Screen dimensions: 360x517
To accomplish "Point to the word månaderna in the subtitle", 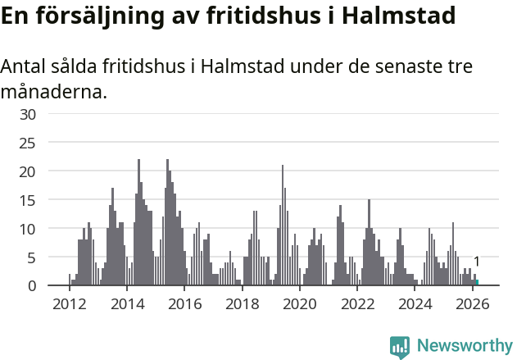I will tap(53, 91).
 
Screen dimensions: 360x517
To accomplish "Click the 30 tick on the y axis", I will tap(28, 114).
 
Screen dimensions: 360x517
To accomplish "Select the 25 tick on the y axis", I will tap(28, 143).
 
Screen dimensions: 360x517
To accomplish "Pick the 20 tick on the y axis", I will tap(28, 171).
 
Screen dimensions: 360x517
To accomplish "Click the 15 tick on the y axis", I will tap(28, 200).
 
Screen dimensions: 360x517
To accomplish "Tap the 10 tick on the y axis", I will tap(28, 229).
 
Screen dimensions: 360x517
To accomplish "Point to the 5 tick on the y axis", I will tap(32, 257).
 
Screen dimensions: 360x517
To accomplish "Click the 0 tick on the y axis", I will tap(32, 286).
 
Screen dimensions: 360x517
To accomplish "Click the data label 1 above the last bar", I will tap(477, 262).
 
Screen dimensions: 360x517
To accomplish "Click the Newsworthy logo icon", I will tap(400, 347).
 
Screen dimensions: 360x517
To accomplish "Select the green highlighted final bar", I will tap(477, 283).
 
